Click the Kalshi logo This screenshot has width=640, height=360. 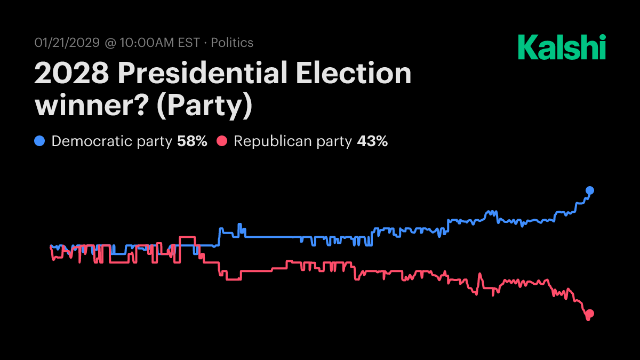562,47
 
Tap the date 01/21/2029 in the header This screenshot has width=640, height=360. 67,43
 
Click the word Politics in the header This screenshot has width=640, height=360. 232,43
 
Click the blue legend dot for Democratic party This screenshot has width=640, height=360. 39,141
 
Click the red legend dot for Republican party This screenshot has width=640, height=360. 222,141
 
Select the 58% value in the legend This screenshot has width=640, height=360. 192,141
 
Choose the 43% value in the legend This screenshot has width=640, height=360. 372,141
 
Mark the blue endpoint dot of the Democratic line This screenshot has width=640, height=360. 590,190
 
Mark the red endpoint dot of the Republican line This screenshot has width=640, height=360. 590,314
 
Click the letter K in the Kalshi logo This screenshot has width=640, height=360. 527,47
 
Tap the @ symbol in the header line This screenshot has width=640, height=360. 110,43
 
